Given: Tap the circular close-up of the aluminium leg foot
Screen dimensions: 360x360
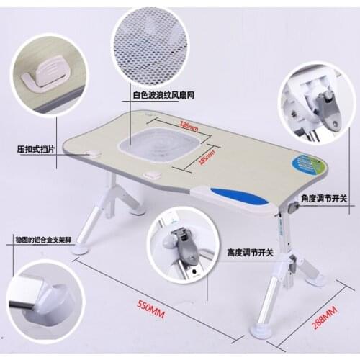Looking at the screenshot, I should pos(44,297).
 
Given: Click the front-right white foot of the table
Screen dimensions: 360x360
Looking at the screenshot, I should pos(261,331).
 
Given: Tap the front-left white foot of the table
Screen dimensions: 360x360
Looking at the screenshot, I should pos(81,248).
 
